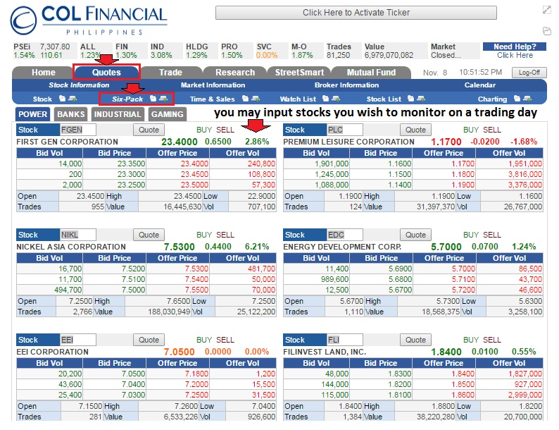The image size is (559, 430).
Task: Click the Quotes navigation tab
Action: click(x=106, y=72)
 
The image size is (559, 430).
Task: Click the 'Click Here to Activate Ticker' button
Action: click(x=356, y=13)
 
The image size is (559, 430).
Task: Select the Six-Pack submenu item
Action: click(x=127, y=99)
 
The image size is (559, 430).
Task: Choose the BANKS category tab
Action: click(x=71, y=114)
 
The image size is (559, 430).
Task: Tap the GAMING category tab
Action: click(x=168, y=114)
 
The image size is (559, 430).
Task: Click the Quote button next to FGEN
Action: click(x=149, y=130)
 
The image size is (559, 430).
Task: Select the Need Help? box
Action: click(x=514, y=51)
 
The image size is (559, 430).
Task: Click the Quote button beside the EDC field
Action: click(x=415, y=235)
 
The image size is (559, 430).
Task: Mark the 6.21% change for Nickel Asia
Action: click(x=256, y=247)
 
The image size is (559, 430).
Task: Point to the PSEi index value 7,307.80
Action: click(x=56, y=47)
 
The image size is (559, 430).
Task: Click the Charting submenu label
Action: click(x=492, y=99)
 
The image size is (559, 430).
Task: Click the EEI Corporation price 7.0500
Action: click(x=179, y=352)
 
